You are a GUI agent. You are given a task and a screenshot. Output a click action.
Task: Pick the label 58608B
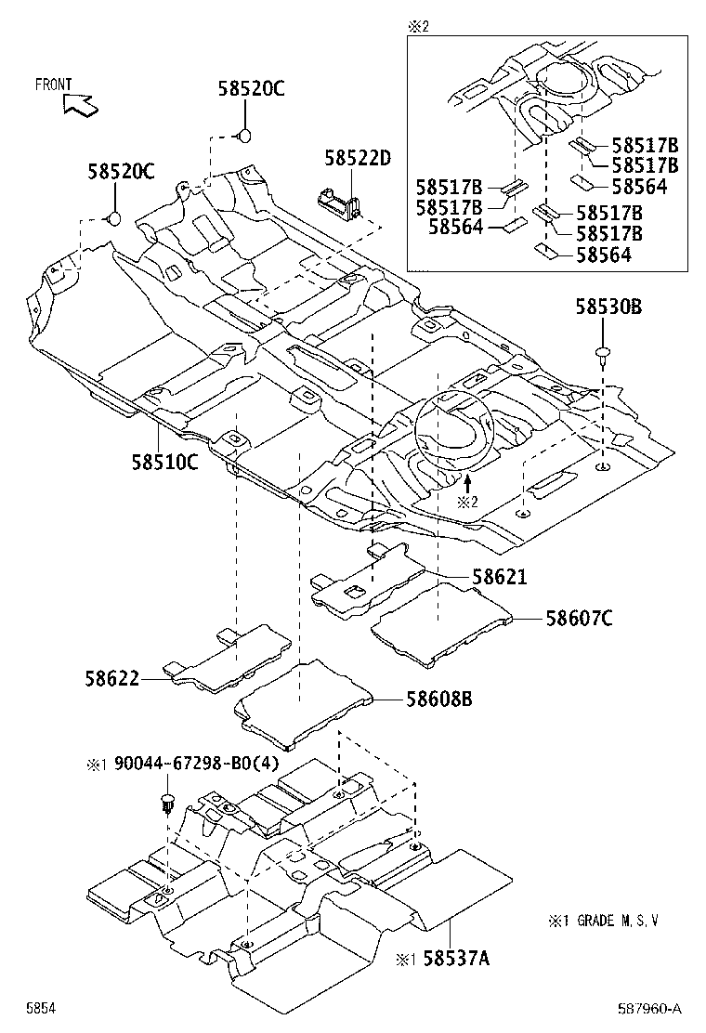tap(437, 699)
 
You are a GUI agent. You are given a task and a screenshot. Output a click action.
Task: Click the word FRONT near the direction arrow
tap(54, 85)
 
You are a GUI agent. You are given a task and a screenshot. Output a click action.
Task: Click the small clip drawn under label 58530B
tap(603, 353)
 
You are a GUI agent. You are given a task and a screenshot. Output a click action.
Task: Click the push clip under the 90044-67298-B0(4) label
tap(168, 802)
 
